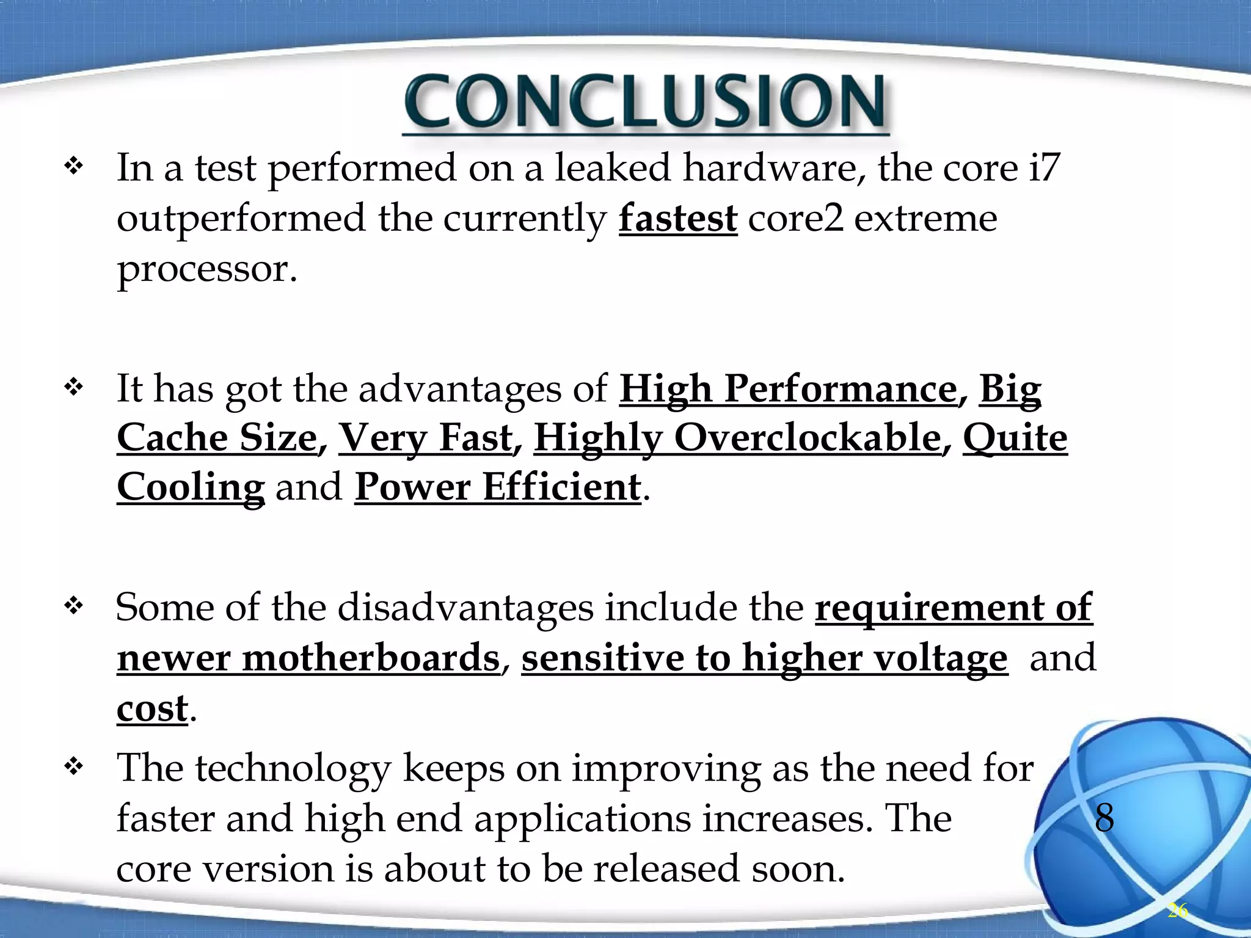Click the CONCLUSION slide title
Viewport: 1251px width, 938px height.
tap(645, 103)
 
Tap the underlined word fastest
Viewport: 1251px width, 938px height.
tap(677, 219)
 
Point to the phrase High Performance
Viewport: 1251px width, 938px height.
tap(788, 388)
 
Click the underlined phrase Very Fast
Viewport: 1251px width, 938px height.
tap(426, 438)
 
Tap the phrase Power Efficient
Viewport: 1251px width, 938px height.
tap(497, 487)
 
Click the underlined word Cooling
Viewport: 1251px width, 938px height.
tap(191, 487)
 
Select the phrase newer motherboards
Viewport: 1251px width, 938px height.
tap(308, 658)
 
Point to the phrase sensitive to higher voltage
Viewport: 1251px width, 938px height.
tap(764, 658)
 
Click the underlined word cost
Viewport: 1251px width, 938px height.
tap(152, 708)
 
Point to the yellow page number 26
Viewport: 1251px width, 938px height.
tap(1177, 911)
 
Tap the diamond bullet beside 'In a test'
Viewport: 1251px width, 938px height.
tap(73, 166)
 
